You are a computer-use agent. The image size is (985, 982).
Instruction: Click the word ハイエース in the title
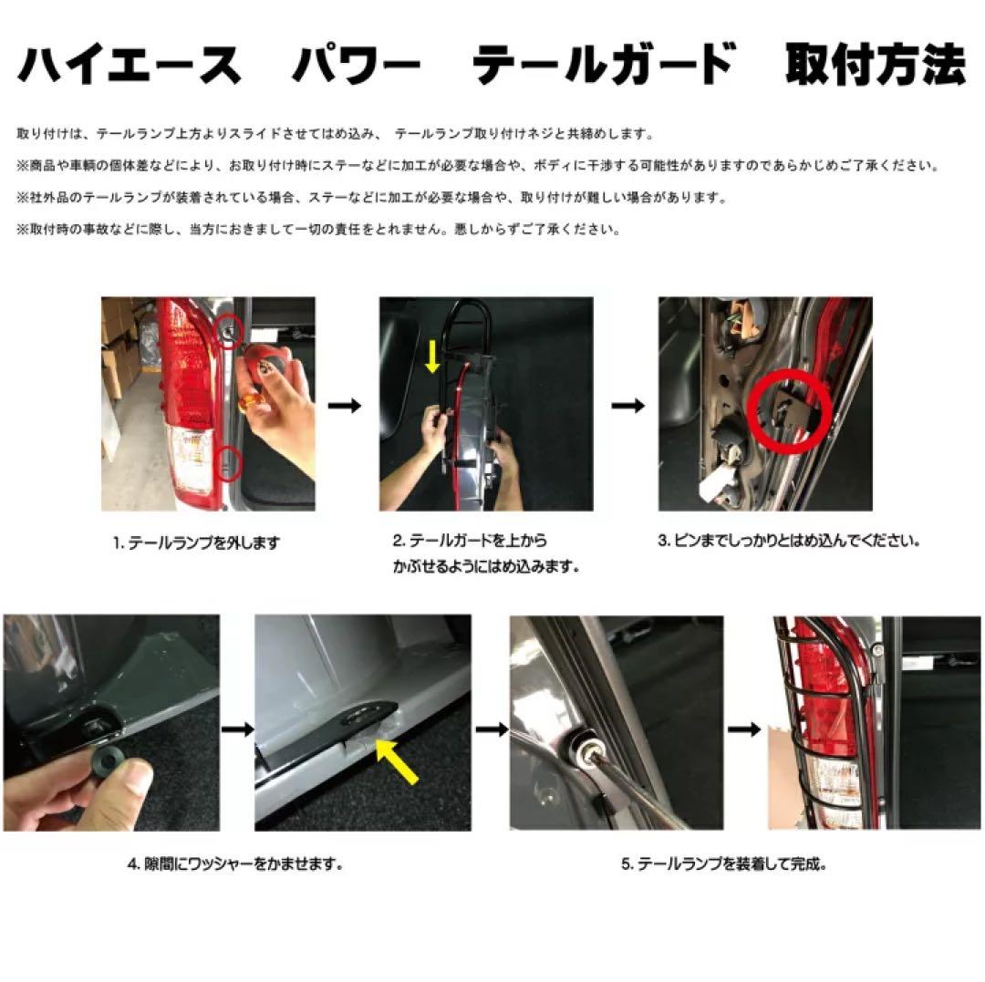(129, 66)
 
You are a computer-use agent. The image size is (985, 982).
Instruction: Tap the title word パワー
(356, 66)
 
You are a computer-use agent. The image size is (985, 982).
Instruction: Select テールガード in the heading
(604, 66)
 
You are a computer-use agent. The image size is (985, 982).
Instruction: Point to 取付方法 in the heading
(875, 66)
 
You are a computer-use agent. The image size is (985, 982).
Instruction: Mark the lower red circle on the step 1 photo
(230, 460)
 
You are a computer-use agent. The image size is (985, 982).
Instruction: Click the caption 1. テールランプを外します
(196, 543)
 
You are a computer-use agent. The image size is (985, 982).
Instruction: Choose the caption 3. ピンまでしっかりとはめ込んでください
(789, 540)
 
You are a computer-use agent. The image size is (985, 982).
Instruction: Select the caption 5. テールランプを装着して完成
(724, 863)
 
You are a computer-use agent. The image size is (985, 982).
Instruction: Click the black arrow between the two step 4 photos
(237, 729)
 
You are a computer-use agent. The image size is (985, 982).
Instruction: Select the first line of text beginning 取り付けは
(336, 134)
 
